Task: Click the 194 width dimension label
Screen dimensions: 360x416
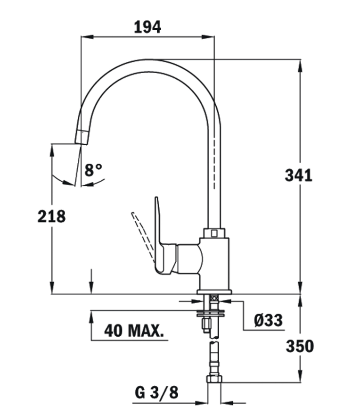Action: click(147, 27)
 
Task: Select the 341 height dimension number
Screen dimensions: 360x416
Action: click(298, 175)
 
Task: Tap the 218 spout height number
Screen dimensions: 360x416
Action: click(51, 216)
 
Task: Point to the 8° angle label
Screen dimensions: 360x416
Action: click(93, 170)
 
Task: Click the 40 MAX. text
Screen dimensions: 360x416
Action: click(134, 330)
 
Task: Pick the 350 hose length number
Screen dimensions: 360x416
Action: click(300, 346)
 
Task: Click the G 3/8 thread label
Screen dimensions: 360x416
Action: click(156, 392)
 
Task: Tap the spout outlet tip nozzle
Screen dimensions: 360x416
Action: click(82, 137)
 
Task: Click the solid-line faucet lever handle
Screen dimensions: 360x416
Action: click(164, 239)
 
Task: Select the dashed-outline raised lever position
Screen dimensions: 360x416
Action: click(143, 236)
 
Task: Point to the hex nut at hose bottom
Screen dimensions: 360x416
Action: click(214, 379)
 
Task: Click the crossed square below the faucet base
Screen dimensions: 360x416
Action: click(214, 298)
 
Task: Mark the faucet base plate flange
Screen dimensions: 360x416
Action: click(214, 292)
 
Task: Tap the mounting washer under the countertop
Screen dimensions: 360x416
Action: click(211, 313)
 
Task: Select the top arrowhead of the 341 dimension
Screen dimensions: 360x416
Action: click(300, 66)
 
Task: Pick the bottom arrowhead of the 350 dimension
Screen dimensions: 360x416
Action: click(300, 376)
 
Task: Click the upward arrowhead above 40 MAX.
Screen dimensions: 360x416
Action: click(91, 317)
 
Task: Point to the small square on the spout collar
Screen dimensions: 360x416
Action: click(214, 233)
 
